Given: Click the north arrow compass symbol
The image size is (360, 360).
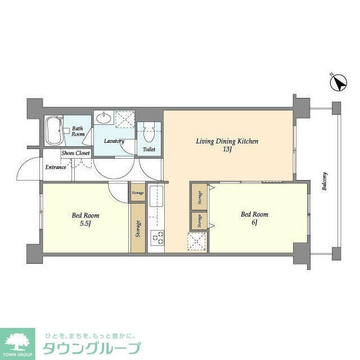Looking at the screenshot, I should (x=338, y=83).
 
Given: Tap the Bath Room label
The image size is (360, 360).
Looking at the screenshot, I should (x=78, y=132).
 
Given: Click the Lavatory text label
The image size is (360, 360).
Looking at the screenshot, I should (x=114, y=141).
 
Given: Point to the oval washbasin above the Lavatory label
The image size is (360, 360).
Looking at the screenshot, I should (x=104, y=118).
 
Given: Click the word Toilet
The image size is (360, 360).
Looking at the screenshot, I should (x=149, y=150).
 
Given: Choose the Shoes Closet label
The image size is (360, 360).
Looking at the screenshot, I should (x=76, y=152).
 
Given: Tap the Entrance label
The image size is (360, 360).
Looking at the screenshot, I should (x=56, y=167).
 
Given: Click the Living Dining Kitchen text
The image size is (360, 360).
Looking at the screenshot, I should (x=227, y=141).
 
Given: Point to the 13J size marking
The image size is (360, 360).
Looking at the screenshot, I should (x=227, y=150).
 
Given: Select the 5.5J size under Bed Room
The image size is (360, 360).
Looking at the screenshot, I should (x=85, y=223).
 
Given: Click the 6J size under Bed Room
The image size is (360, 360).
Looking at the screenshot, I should (x=254, y=222).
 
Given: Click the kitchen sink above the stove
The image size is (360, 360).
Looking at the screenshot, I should (x=156, y=199).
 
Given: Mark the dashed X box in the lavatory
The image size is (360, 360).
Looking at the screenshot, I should (x=124, y=119).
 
